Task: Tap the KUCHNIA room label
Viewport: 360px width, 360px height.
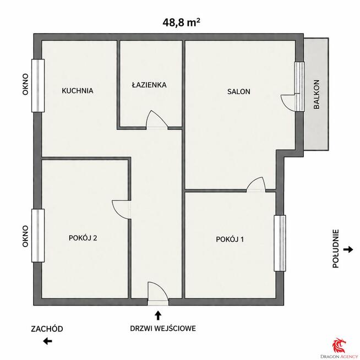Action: (x=78, y=91)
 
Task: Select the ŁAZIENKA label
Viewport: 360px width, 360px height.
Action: (x=149, y=85)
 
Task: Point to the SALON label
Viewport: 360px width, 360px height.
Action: (x=239, y=91)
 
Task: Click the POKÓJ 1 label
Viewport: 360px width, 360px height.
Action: (x=230, y=239)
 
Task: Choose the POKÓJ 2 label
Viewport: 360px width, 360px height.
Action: (x=83, y=238)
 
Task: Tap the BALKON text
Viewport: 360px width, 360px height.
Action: (x=317, y=94)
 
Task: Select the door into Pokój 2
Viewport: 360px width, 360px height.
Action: (x=122, y=209)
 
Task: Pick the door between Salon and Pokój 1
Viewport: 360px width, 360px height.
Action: (x=256, y=184)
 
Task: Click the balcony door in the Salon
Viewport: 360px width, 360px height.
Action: (x=288, y=102)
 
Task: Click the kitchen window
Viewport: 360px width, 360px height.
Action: (x=38, y=86)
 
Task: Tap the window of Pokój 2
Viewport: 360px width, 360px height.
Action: (x=38, y=236)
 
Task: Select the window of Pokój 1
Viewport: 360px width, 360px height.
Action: (x=280, y=243)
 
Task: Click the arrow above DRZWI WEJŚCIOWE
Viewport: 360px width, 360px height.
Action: (x=158, y=315)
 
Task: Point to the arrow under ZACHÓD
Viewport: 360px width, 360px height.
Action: (x=47, y=341)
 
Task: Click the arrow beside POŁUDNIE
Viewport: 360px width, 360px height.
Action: (x=348, y=249)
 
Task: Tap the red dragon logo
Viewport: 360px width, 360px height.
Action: (x=340, y=345)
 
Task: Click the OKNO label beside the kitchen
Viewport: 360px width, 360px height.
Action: (x=25, y=84)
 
